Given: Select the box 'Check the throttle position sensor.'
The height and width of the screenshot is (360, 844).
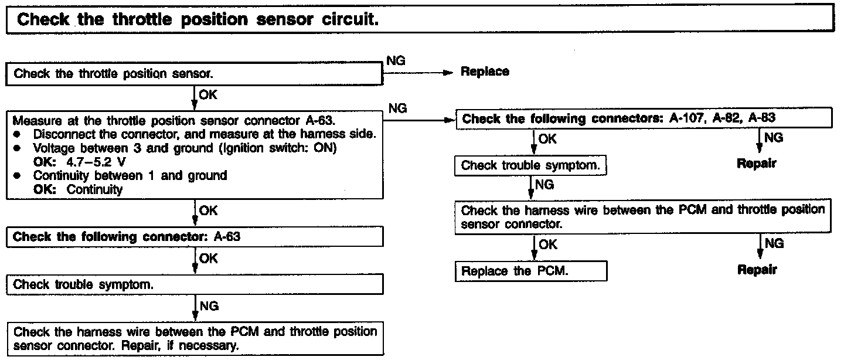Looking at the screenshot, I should (193, 74).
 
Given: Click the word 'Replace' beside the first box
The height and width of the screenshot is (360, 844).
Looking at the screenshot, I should (485, 72).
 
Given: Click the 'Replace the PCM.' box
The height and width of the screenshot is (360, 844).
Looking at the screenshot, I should (530, 271).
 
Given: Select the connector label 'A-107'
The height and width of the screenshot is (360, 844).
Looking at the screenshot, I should (688, 118).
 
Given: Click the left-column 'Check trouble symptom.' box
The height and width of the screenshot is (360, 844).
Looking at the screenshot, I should (193, 285).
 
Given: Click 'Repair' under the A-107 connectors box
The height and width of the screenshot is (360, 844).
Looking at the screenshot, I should (756, 164).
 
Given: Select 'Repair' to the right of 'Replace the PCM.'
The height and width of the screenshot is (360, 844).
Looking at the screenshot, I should (757, 270).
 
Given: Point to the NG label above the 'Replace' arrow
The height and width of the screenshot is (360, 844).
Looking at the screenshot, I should (396, 60).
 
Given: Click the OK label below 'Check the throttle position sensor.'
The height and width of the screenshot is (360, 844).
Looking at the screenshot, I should (208, 94).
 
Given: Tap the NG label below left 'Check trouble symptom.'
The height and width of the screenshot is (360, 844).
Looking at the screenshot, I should (209, 305).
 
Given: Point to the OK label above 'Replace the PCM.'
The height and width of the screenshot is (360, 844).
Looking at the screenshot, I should (547, 244).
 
